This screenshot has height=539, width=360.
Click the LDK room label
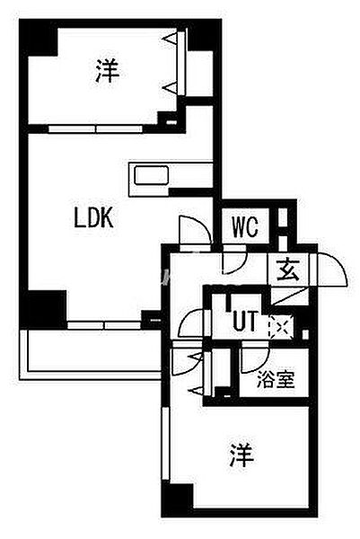(x=93, y=218)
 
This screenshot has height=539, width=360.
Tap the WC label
(x=245, y=226)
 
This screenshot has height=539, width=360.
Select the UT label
(x=245, y=322)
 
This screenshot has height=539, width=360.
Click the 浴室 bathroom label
(x=276, y=380)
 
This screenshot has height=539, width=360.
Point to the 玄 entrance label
(x=288, y=269)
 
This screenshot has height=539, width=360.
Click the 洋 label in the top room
(x=107, y=71)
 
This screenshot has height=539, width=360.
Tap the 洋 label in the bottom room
(x=241, y=455)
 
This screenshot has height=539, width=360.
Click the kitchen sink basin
(x=151, y=175)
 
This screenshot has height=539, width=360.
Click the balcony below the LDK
(x=90, y=355)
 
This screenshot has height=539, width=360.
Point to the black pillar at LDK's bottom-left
(x=43, y=308)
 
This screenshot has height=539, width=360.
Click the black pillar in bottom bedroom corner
(x=177, y=499)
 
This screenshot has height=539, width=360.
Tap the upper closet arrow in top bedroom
(x=171, y=39)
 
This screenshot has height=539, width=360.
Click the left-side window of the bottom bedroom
(x=166, y=444)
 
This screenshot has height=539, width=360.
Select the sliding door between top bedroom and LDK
(x=95, y=129)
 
